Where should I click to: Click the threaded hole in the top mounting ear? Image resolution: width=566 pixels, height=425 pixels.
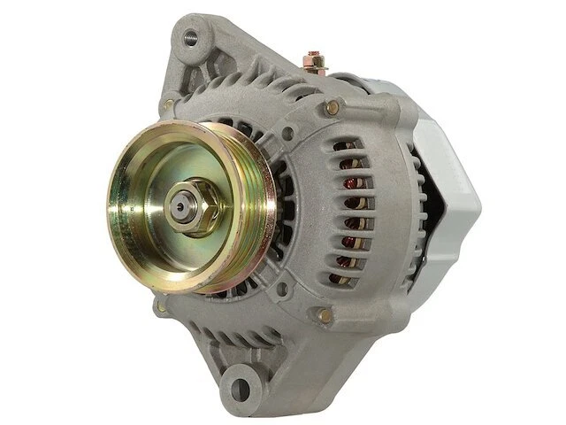[x=189, y=38]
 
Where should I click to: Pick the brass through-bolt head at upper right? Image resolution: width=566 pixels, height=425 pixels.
[x=333, y=107]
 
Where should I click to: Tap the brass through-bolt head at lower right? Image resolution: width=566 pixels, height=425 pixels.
[x=325, y=314]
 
